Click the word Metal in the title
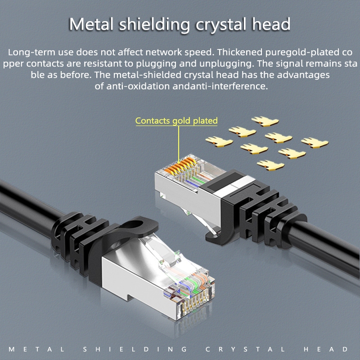[x=91, y=24]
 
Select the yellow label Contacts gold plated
[x=176, y=121]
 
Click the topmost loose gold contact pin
[x=265, y=121]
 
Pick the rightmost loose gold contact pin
[x=315, y=143]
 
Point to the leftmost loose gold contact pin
[x=219, y=142]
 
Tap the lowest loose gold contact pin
[x=270, y=165]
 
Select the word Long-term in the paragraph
[x=31, y=52]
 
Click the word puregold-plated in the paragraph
[x=302, y=53]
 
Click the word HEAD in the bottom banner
[x=326, y=350]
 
